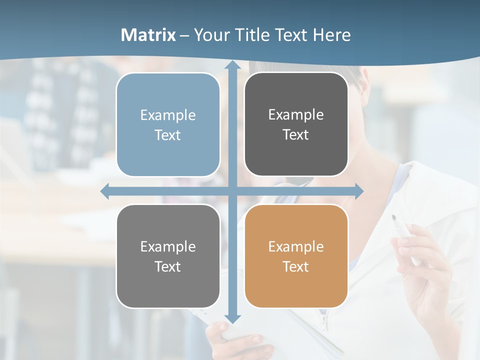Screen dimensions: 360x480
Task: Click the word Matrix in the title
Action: point(148,35)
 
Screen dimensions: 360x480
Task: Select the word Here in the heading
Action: point(332,35)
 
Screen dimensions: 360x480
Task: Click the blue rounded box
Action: point(168,125)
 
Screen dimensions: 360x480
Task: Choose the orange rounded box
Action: point(296,256)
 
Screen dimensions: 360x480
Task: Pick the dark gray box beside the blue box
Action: point(296,124)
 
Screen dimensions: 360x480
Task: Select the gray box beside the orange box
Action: point(168,256)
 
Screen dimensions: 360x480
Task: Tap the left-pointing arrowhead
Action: point(105,191)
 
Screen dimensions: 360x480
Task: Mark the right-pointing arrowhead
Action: point(358,191)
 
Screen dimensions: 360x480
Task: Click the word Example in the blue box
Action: point(168,115)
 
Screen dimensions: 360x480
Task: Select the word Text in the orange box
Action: point(296,266)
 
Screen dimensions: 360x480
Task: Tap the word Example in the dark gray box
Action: point(296,114)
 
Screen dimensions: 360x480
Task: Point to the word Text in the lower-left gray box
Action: point(168,266)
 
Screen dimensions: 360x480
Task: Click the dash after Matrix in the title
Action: point(185,35)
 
